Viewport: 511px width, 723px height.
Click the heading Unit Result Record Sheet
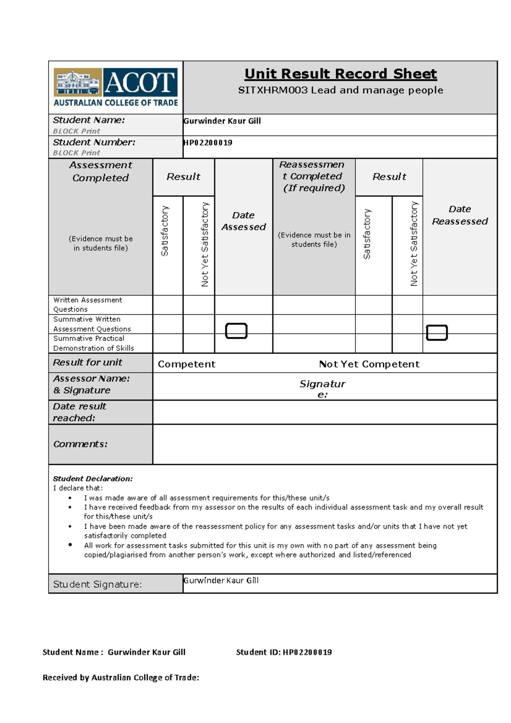pos(340,74)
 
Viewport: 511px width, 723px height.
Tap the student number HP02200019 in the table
pos(208,143)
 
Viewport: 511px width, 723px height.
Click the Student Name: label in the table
pos(89,120)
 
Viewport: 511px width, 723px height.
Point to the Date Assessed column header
pos(243,221)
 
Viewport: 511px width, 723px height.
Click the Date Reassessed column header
pos(459,215)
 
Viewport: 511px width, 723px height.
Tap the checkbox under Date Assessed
pos(236,331)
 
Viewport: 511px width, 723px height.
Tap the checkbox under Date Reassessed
pos(436,333)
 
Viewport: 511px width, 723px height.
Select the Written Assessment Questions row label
pos(87,304)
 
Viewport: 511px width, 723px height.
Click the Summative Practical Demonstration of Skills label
pos(93,343)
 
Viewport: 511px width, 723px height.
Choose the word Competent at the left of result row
pos(187,364)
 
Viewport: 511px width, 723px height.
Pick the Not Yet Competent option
pos(369,364)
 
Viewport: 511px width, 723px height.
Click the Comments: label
pos(80,444)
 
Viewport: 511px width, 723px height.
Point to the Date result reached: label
pos(79,412)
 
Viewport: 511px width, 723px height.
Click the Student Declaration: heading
pos(92,479)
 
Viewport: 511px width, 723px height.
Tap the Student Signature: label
pos(97,584)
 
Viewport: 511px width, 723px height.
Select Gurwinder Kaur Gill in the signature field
pos(221,580)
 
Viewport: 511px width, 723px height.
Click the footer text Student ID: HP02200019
pos(284,652)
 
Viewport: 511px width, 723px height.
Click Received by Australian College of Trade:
pos(121,677)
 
